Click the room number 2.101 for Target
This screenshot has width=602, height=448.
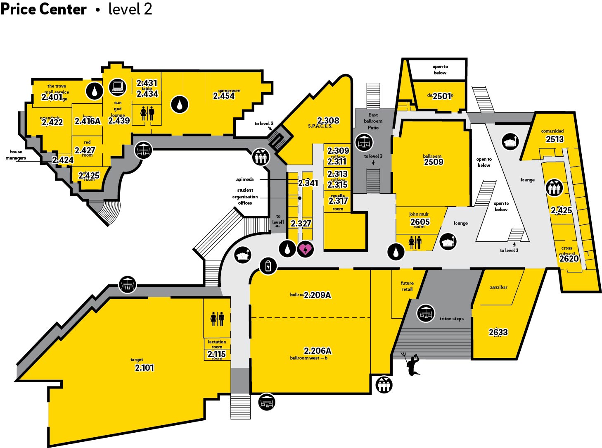(144, 367)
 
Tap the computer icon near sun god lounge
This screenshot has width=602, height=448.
(117, 87)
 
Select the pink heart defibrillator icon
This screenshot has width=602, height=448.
(306, 249)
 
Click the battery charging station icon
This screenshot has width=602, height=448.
(268, 266)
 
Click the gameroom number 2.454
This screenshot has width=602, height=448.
(224, 96)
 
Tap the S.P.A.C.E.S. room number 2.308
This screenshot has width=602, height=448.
(328, 120)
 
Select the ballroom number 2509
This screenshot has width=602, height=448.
(434, 162)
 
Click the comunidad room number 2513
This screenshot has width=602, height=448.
(555, 139)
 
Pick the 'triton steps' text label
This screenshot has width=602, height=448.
(451, 319)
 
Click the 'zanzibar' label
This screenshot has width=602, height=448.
(498, 287)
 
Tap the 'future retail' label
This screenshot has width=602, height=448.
(407, 286)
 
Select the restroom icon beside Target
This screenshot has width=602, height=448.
(217, 319)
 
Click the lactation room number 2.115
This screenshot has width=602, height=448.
(217, 354)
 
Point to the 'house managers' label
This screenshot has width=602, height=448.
(16, 155)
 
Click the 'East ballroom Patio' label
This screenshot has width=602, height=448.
(373, 121)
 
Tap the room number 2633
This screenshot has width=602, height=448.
(498, 332)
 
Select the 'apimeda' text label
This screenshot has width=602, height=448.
(245, 179)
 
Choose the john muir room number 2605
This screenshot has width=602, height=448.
(420, 222)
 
